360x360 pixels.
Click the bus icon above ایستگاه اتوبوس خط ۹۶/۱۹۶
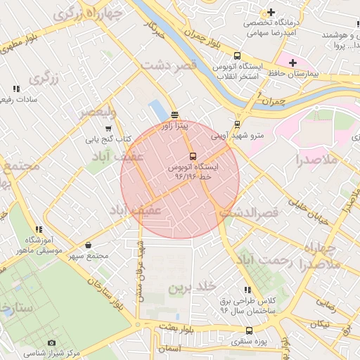(193, 156)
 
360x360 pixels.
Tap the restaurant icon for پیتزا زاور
(174, 115)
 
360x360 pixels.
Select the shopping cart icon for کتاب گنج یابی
(108, 129)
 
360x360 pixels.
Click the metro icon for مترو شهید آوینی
(237, 124)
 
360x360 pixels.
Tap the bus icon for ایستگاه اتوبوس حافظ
(236, 56)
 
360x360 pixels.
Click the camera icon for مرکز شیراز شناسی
(51, 342)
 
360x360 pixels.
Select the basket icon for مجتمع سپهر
(88, 245)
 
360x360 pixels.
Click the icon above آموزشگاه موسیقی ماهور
(39, 229)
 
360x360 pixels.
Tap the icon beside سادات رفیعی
(16, 89)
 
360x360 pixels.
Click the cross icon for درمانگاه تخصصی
(271, 13)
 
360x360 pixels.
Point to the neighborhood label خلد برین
(190, 288)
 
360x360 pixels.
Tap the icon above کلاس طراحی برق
(247, 290)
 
